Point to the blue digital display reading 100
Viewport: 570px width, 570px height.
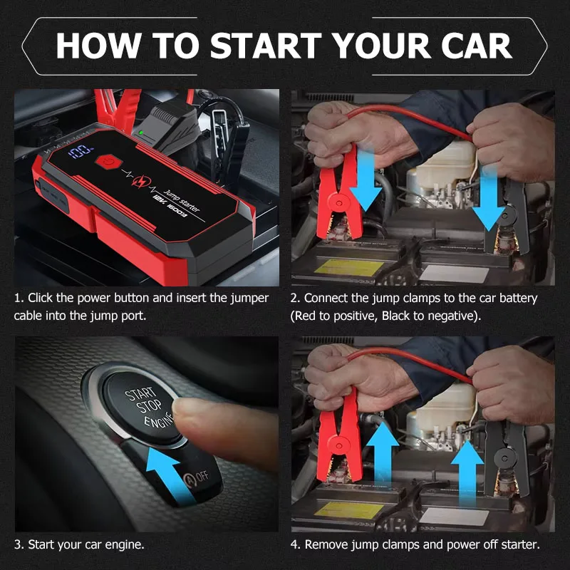(x=81, y=151)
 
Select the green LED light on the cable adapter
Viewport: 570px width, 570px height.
(x=141, y=132)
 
